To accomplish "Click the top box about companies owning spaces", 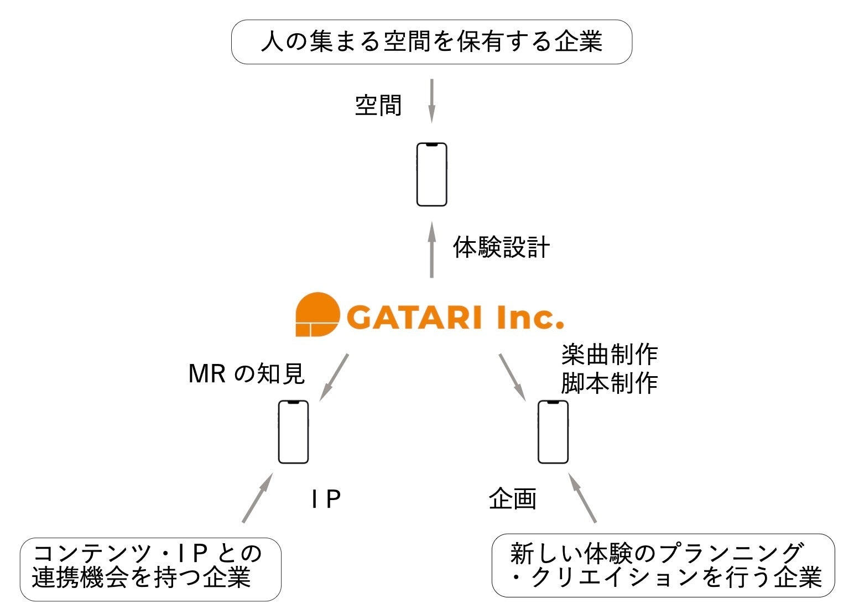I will pos(431,42).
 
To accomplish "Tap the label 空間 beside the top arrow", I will pos(378,105).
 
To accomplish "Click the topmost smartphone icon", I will pos(431,175).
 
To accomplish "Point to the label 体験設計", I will pos(501,247).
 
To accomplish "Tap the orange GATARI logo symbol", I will pos(316,314).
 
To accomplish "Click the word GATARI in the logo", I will pos(414,318).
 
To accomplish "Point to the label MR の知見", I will pos(247,374).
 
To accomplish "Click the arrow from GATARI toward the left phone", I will pos(335,377).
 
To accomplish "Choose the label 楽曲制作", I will pos(609,355).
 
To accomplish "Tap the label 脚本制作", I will pos(609,383).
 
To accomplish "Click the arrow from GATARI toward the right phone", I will pos(512,377).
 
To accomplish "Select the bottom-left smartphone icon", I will pos(293,432).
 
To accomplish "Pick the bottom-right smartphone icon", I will pos(553,432).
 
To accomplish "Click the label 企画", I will pos(513,499).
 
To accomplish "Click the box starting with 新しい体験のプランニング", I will pos(663,565).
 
